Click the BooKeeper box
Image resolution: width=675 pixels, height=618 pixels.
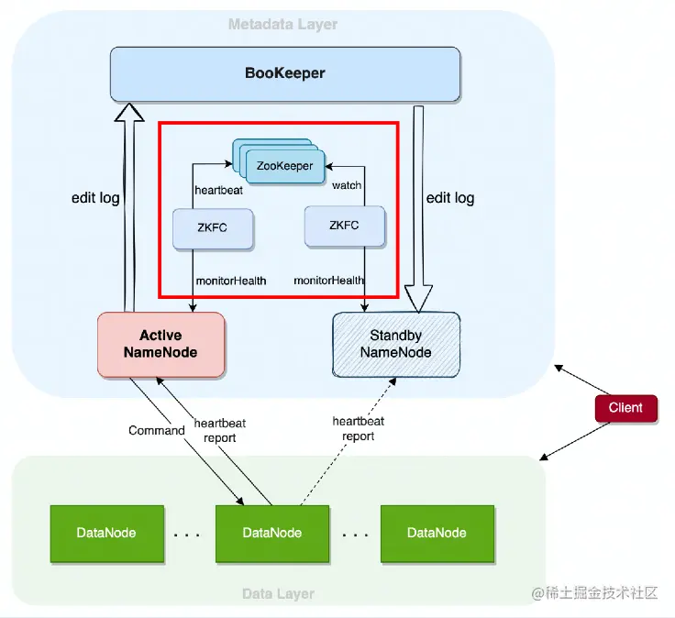pos(285,74)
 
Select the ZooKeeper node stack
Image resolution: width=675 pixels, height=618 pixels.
pos(279,161)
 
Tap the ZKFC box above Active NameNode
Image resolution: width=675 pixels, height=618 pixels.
pos(213,228)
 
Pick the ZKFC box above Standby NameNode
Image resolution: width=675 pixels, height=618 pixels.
pos(345,226)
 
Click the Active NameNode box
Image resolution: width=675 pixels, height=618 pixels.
pos(161,345)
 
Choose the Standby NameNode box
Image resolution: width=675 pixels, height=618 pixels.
pos(396,344)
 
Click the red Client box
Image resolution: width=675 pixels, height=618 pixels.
pos(625,408)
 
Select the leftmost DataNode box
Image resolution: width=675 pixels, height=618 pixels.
pos(106,534)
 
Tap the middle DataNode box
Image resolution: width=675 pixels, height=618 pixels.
pos(272,534)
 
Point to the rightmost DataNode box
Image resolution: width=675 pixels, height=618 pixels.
pos(437,534)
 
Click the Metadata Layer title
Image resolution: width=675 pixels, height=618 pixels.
pos(282,24)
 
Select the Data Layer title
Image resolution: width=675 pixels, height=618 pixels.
pos(278,594)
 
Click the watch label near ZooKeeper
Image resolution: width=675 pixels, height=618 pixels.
pos(347,185)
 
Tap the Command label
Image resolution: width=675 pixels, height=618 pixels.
pos(157,430)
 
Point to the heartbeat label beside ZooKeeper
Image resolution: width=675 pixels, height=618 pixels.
pos(218,190)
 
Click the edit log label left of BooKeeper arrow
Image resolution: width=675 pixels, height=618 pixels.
pos(95,198)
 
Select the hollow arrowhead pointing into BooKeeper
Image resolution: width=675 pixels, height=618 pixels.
pos(129,112)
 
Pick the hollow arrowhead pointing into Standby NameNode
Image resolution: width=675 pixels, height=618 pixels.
pos(418,298)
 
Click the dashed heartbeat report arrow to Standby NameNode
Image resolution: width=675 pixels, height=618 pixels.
pos(349,441)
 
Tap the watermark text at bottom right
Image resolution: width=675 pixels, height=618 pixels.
pos(594,593)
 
